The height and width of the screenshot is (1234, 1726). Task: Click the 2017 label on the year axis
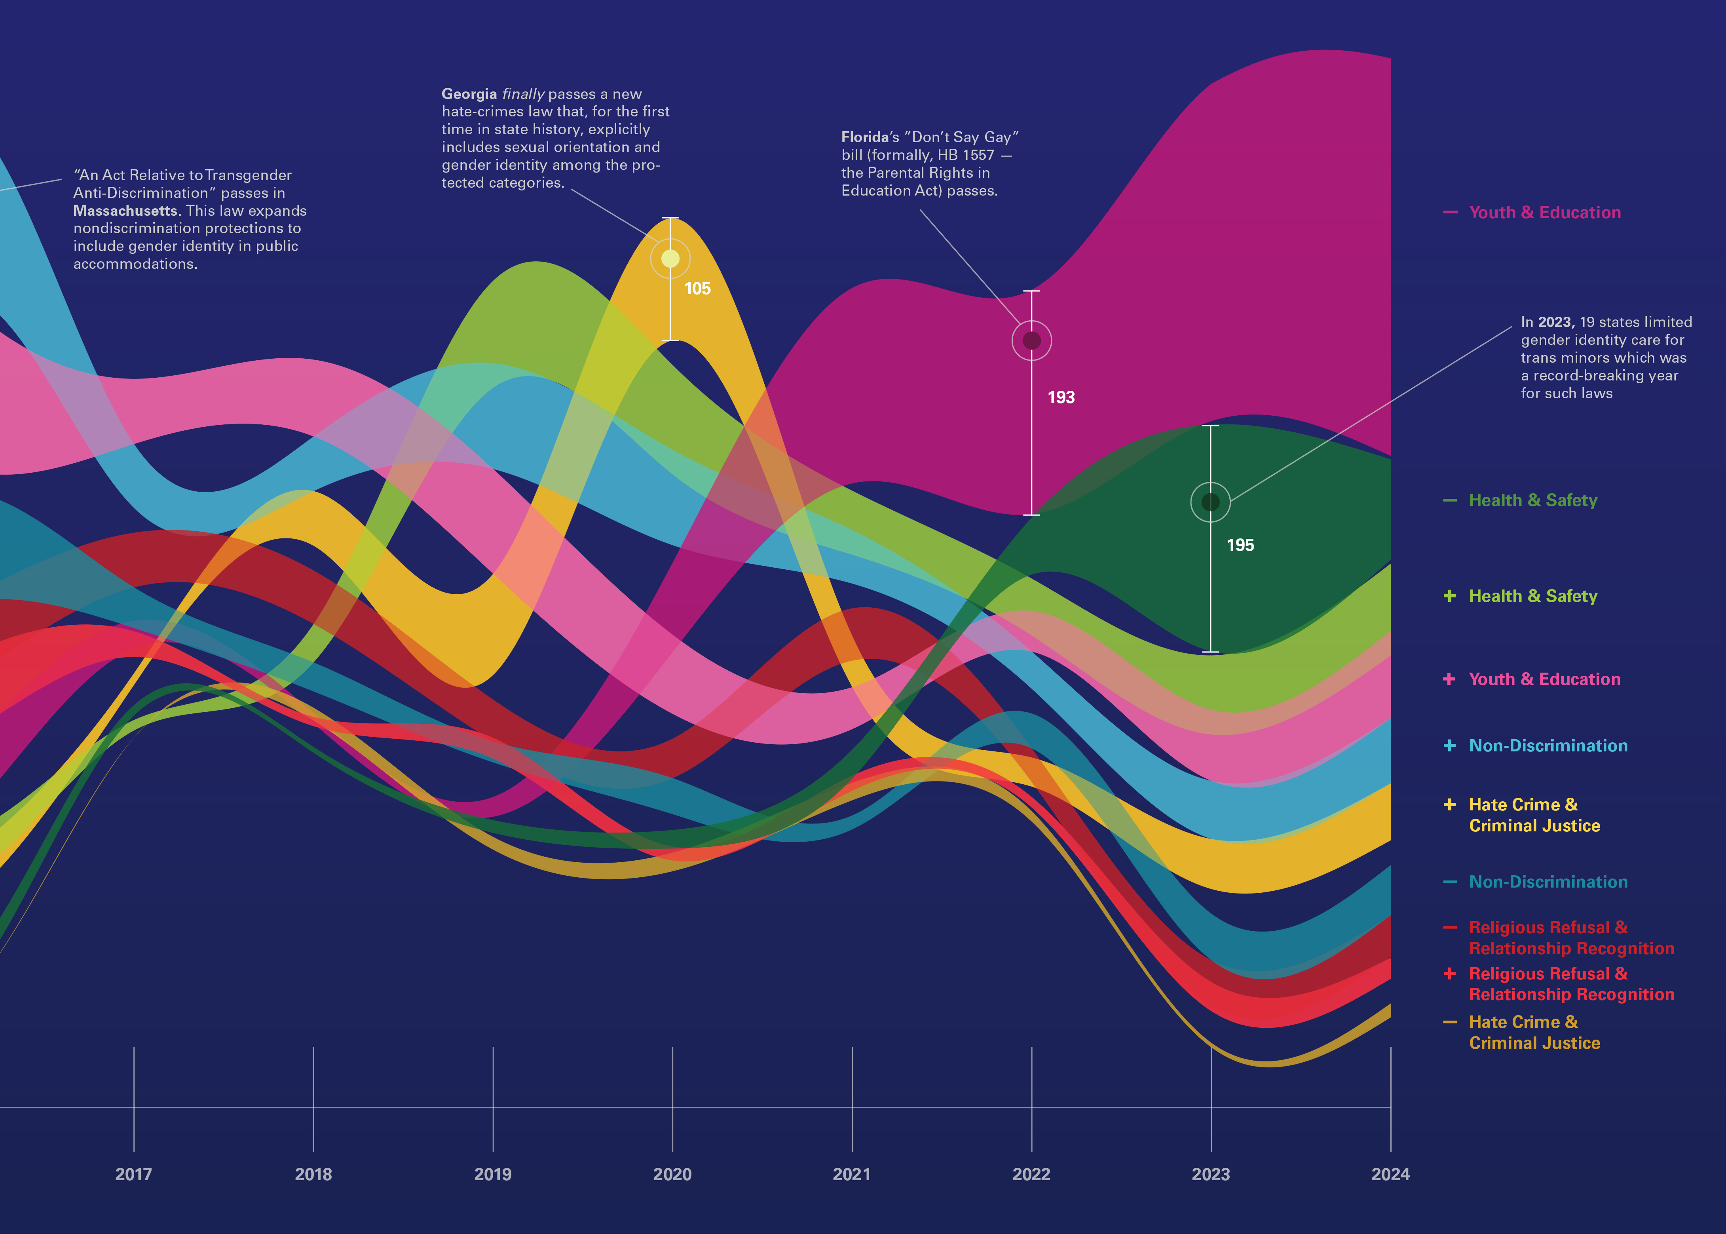(134, 1174)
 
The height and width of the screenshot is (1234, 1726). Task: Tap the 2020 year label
(672, 1174)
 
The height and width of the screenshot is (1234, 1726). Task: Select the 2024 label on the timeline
(1390, 1174)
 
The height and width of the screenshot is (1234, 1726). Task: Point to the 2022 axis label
(1031, 1174)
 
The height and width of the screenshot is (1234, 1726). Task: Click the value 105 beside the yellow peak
(697, 289)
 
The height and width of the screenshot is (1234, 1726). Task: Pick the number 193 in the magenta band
(1061, 397)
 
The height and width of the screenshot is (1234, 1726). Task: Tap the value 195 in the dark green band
(1240, 545)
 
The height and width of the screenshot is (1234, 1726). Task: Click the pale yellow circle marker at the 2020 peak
(670, 259)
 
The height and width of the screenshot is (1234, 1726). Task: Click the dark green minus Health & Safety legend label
(1532, 500)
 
